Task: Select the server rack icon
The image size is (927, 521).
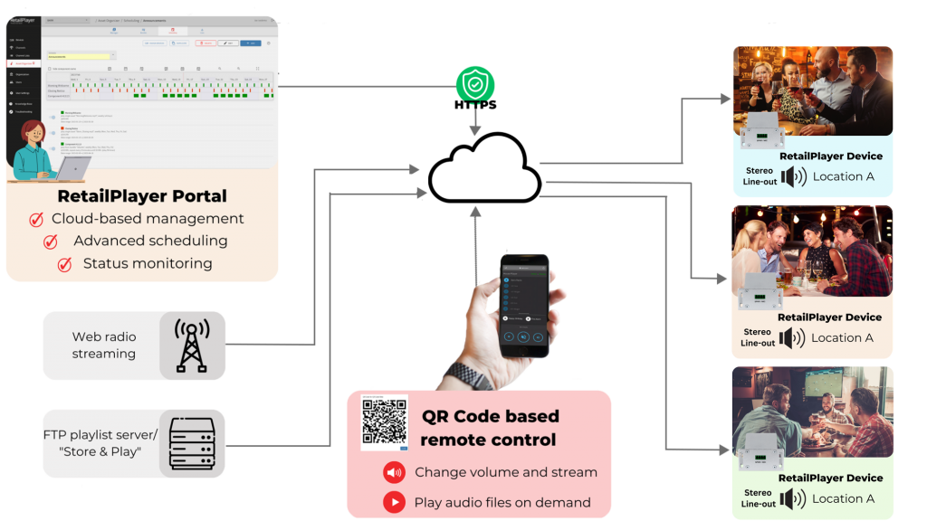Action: coord(192,442)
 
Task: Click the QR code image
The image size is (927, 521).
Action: coord(384,422)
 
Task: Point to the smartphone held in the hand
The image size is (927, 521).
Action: coord(524,305)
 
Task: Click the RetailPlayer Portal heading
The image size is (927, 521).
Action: coord(142,196)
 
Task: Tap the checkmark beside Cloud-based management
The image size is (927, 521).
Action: coord(37,220)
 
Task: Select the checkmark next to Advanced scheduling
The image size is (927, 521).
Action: coord(52,242)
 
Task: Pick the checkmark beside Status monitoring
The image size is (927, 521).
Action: coord(64,264)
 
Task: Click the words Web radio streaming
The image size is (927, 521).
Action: coord(104,345)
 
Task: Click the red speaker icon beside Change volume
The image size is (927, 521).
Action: coord(394,472)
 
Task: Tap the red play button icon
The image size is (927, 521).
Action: coord(394,502)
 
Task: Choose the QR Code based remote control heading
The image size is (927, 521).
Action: coord(490,428)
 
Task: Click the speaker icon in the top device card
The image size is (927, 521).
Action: coord(794,176)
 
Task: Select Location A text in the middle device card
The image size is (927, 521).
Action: coord(843,337)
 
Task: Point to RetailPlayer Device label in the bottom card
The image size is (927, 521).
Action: coord(830,478)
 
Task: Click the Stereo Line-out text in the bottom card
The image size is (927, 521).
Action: coord(759,498)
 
